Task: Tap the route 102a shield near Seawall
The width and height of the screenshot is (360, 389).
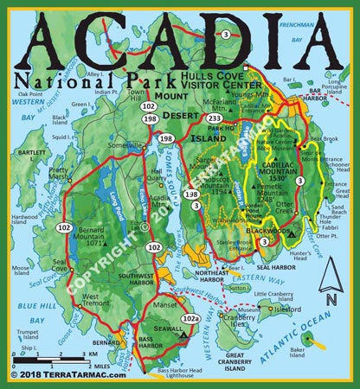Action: pyautogui.click(x=192, y=320)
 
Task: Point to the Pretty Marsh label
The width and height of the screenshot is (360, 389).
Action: pyautogui.click(x=59, y=175)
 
